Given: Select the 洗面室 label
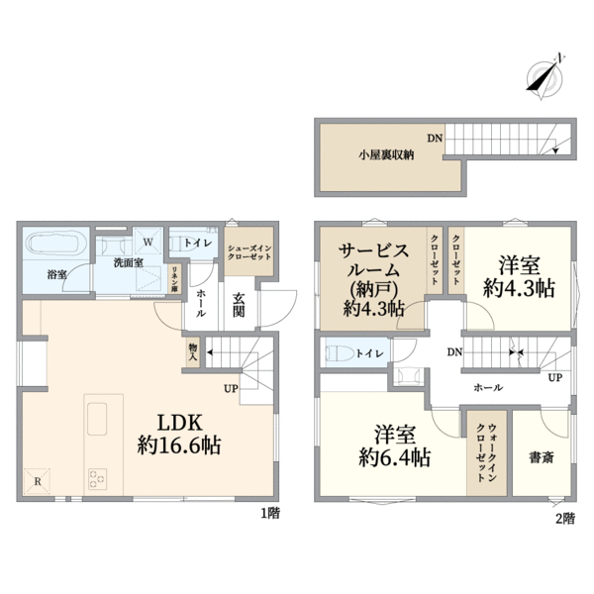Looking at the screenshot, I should [x=127, y=263].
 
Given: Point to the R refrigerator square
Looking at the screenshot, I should [x=39, y=482].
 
